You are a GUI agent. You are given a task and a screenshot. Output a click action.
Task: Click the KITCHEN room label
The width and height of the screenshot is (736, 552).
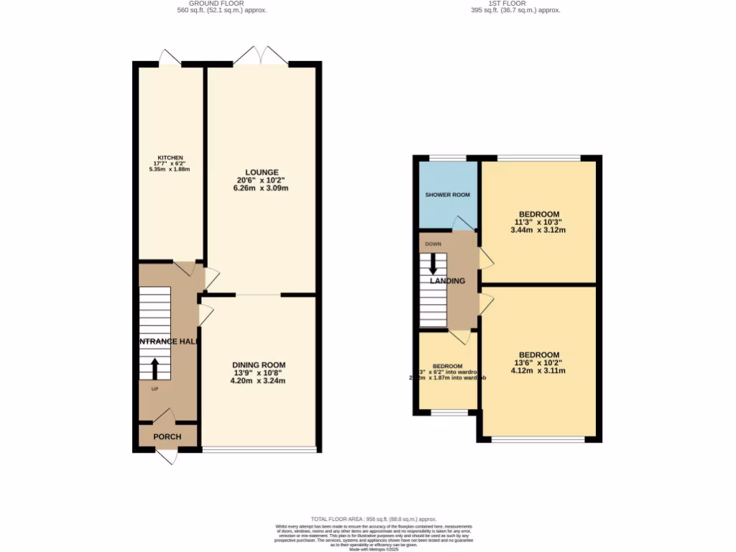coord(171,157)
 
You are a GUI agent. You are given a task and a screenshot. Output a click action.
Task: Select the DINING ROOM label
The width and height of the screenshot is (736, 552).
coord(259,364)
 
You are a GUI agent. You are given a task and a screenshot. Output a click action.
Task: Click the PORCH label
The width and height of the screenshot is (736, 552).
coord(167,436)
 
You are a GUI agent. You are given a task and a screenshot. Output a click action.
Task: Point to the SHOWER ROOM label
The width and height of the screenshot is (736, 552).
coord(448,195)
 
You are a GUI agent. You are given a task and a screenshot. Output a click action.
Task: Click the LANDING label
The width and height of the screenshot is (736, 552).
coord(448,281)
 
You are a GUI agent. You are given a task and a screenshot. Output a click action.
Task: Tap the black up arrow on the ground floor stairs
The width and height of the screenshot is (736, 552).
coord(155,368)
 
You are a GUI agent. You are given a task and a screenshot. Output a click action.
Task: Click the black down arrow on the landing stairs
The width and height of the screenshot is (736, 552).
coord(433,263)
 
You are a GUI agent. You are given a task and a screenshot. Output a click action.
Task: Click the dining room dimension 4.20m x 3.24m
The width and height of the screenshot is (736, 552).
coord(259,381)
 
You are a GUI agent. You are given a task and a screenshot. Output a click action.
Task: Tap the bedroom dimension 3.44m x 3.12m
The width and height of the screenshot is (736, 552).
coord(538,230)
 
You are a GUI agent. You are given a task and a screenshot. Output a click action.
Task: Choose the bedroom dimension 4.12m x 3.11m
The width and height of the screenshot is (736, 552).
coord(538,371)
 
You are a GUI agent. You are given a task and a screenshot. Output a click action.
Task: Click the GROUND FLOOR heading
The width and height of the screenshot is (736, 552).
coord(221,4)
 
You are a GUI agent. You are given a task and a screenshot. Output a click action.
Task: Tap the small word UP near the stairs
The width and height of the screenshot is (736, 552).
coord(155,389)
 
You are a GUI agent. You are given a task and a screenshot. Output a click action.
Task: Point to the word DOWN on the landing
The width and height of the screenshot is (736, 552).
coord(433,244)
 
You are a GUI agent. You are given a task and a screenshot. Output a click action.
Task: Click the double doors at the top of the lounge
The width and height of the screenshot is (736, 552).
coord(260,55)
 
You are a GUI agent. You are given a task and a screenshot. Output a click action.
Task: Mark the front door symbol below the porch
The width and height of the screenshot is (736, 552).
coord(167,457)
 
